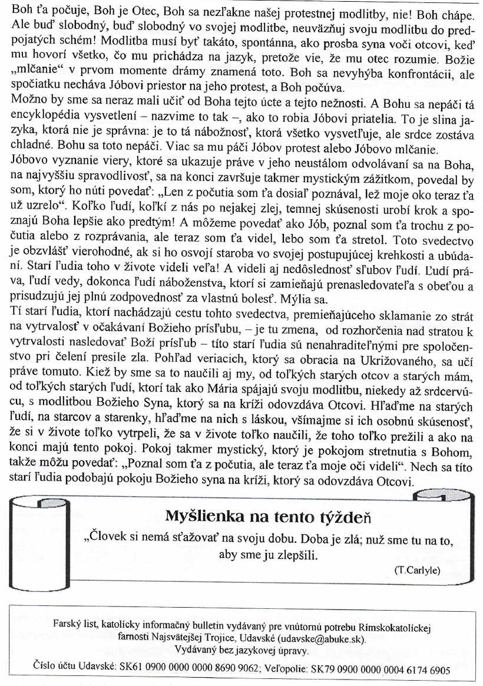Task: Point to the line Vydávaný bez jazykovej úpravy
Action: (241, 649)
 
